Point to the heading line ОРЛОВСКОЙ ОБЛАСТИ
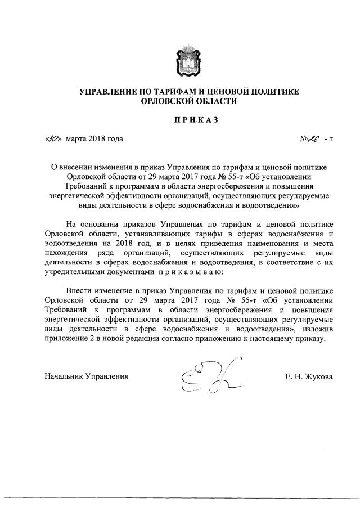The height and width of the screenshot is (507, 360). [x=181, y=102]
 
